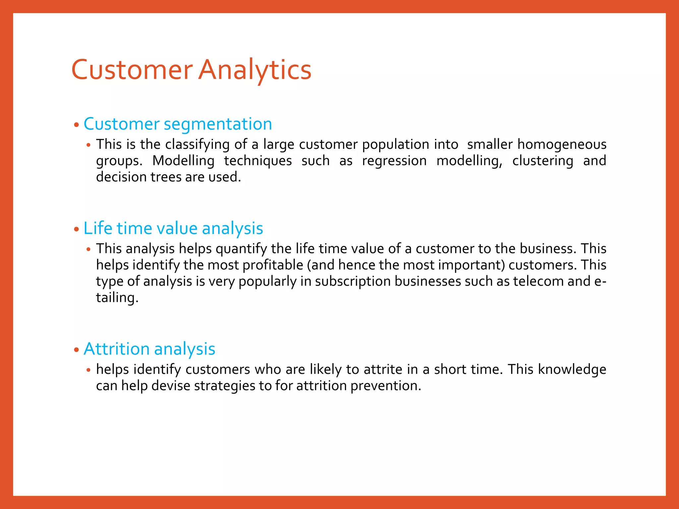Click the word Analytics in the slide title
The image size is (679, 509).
click(255, 70)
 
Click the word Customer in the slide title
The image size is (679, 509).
click(132, 70)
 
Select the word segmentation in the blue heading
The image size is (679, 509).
click(218, 124)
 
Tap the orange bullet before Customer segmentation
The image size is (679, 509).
click(77, 125)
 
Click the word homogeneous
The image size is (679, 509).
click(562, 145)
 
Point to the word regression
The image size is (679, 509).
click(394, 161)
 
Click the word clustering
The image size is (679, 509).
click(542, 161)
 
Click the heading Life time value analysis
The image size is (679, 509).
click(173, 229)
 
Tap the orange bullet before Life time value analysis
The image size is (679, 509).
click(77, 229)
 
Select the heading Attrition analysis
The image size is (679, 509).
click(149, 349)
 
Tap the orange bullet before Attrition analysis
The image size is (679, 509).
click(77, 350)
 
